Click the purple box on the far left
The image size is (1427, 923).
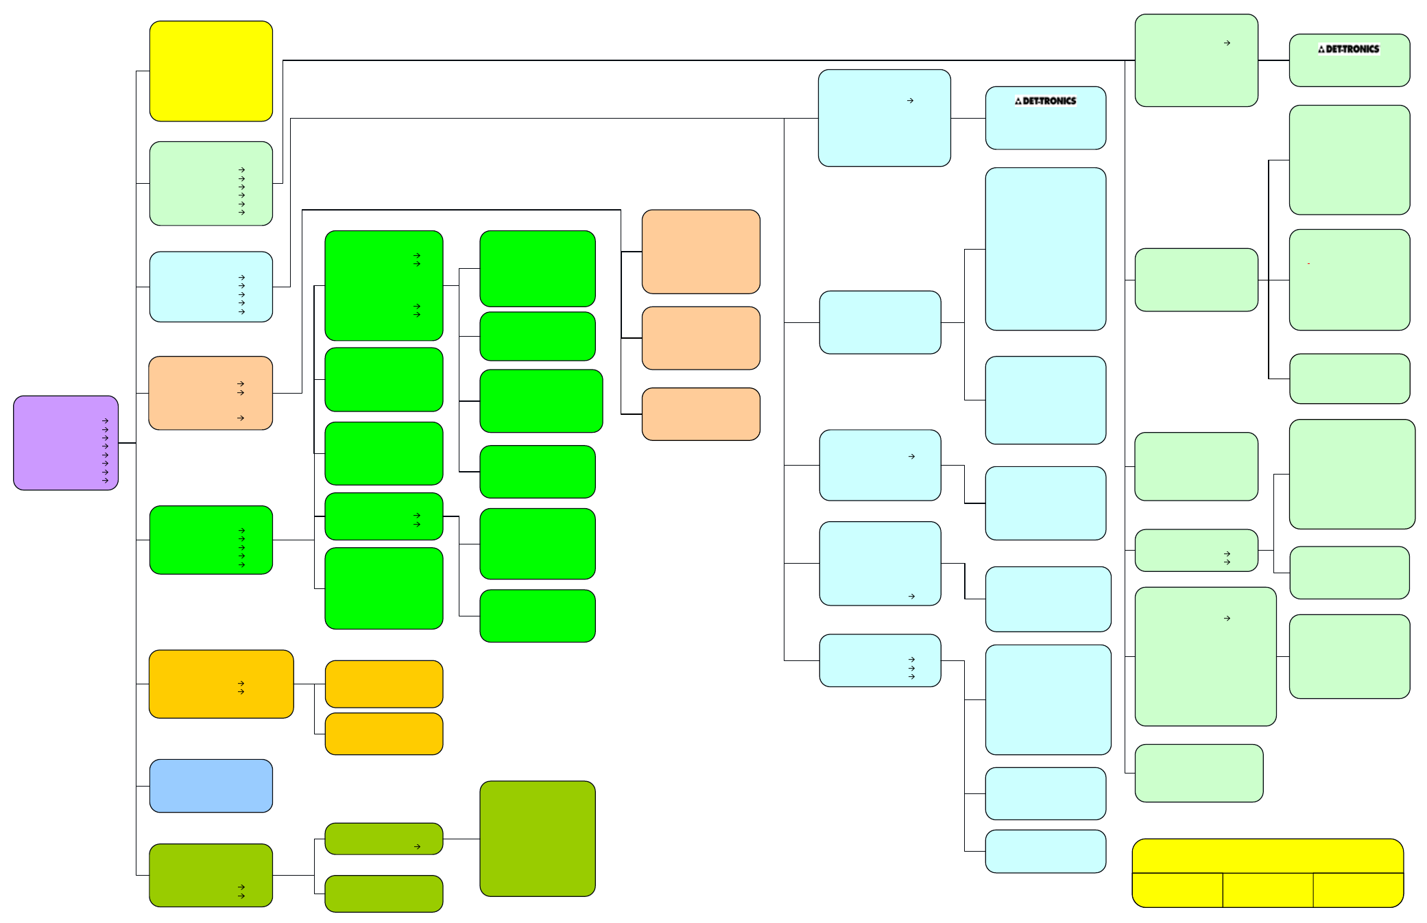point(66,443)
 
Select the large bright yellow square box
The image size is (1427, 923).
point(211,71)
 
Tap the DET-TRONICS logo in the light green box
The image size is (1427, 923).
point(1348,49)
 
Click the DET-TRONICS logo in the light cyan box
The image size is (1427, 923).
point(1045,101)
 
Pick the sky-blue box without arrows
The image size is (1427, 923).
point(211,786)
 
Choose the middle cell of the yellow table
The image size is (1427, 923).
point(1268,890)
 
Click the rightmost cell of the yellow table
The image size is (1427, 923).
point(1358,890)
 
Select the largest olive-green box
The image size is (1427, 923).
point(538,839)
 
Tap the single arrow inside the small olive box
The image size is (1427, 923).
point(417,847)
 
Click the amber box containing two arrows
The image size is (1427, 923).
point(221,684)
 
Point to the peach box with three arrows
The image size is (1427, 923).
point(211,393)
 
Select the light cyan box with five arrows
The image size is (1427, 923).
point(211,287)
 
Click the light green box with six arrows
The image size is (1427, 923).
point(211,184)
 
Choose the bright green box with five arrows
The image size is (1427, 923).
point(211,540)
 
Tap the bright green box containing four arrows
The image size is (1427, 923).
point(384,285)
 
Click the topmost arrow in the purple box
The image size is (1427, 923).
point(105,421)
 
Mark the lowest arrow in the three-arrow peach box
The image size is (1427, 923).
point(241,418)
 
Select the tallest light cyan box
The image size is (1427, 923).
point(1046,249)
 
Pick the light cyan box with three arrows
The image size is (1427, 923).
point(880,660)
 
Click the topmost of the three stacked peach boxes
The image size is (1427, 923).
point(701,252)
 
